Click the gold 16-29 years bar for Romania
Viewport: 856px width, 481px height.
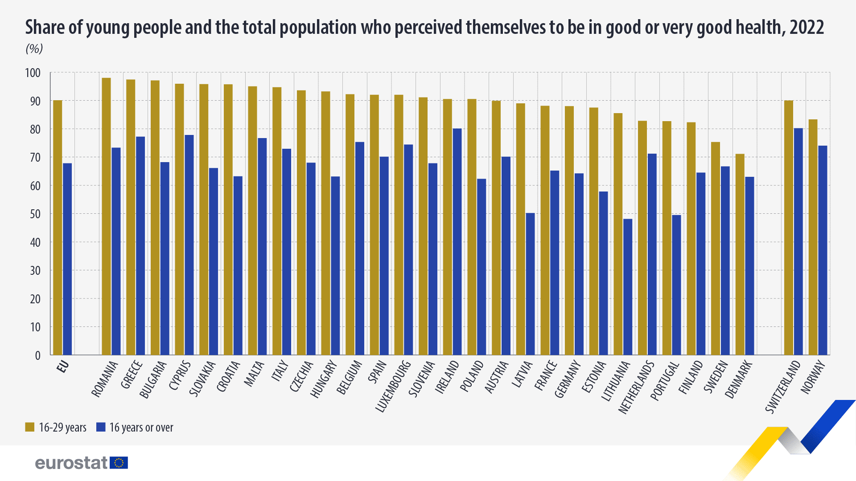click(x=106, y=216)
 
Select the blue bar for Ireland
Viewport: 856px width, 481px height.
click(x=457, y=242)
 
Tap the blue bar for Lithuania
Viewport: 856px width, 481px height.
click(x=628, y=287)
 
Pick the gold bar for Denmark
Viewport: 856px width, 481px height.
click(x=740, y=254)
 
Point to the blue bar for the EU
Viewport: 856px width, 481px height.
click(x=67, y=259)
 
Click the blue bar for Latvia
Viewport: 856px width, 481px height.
click(x=530, y=284)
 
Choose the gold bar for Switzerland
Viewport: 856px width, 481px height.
click(x=788, y=228)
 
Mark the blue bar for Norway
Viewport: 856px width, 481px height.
click(x=823, y=250)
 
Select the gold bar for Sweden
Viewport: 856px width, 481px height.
click(x=715, y=249)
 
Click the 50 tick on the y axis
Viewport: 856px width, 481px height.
click(x=35, y=214)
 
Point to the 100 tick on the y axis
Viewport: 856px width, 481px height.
click(x=33, y=73)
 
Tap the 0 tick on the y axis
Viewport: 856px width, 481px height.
click(x=37, y=355)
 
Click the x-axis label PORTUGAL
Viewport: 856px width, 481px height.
click(x=665, y=381)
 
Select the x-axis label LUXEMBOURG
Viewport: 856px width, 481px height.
click(x=393, y=386)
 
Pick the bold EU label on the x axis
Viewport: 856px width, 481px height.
click(x=63, y=367)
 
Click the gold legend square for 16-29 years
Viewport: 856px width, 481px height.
click(x=30, y=427)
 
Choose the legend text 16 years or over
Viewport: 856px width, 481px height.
click(x=141, y=428)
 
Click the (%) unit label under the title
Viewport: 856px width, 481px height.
click(x=34, y=49)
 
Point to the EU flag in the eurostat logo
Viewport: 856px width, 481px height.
click(x=119, y=463)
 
